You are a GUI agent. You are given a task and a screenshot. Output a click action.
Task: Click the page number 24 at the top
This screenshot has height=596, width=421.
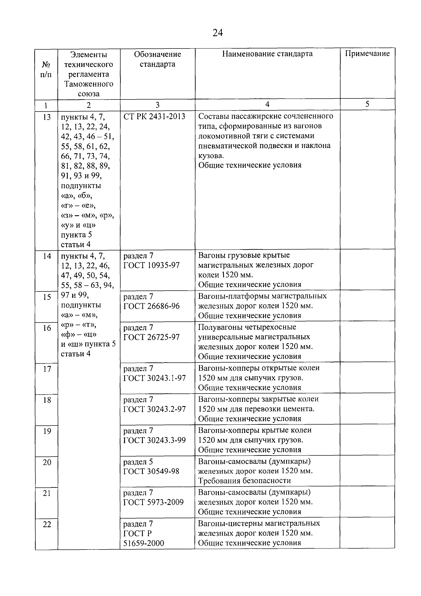click(x=217, y=33)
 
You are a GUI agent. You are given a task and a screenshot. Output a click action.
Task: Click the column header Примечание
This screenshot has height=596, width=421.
click(x=367, y=54)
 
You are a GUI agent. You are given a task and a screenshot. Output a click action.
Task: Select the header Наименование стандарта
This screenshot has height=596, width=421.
click(x=267, y=54)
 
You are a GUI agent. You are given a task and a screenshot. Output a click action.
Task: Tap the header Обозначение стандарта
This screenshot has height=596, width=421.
click(x=157, y=59)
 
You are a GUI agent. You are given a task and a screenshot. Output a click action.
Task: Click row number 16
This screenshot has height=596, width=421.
click(x=47, y=328)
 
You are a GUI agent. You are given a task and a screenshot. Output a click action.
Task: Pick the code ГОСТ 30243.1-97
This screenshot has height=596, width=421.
click(x=154, y=378)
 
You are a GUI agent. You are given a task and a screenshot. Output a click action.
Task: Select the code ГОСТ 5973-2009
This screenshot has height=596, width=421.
click(x=153, y=502)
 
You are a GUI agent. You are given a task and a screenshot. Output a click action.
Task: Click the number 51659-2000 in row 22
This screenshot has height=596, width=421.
click(x=144, y=543)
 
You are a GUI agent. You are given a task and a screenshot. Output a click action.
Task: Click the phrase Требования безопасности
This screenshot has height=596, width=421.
click(x=244, y=481)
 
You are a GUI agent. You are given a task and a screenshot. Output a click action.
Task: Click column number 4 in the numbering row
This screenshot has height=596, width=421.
click(x=267, y=104)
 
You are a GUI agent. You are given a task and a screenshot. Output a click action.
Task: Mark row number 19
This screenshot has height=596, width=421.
click(x=47, y=431)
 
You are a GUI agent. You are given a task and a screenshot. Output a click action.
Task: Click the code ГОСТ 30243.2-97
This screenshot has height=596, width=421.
click(x=154, y=409)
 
